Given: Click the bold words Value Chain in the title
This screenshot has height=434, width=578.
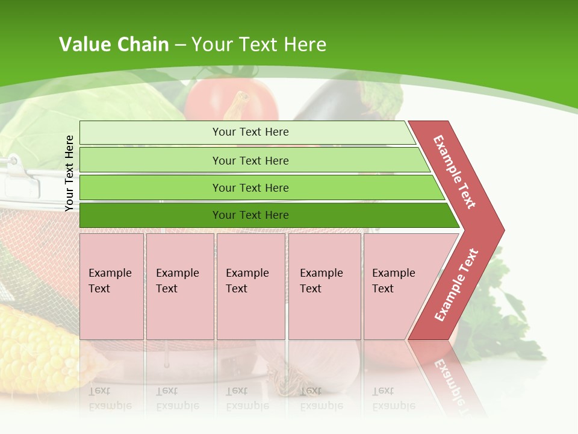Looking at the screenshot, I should [114, 45].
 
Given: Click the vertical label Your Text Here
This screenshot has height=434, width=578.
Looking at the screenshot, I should [69, 173].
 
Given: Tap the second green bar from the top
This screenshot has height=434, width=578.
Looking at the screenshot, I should [250, 160].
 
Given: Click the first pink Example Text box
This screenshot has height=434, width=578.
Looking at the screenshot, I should [111, 286].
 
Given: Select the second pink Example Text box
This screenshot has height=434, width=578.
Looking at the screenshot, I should [179, 286].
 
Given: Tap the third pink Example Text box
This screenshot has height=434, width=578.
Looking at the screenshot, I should [250, 286].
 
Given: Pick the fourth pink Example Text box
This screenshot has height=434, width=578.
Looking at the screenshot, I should [325, 286].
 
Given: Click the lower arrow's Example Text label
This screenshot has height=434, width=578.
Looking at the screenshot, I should [456, 285].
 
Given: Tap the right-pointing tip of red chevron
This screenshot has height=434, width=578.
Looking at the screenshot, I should [501, 230].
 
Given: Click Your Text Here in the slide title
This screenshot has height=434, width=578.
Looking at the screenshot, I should [259, 45].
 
